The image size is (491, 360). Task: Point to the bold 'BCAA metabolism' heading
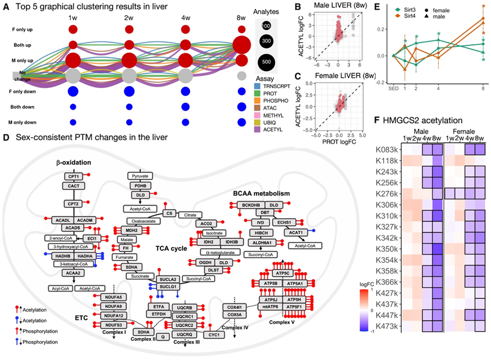pyautogui.click(x=261, y=193)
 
